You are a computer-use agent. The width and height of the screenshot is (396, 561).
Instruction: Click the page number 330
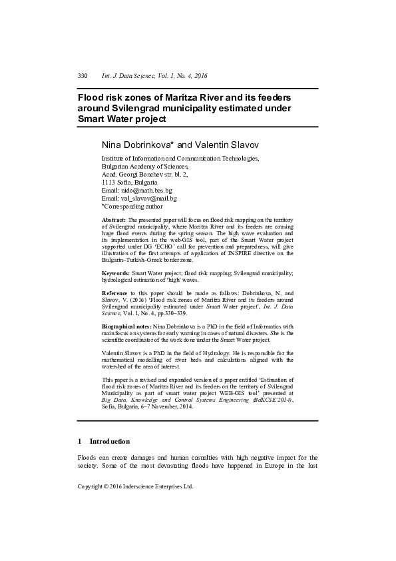[83, 77]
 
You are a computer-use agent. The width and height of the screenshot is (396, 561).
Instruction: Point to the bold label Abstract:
[114, 219]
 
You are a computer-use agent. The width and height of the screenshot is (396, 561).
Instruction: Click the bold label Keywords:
[116, 274]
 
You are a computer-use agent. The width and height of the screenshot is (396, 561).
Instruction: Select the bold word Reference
[115, 293]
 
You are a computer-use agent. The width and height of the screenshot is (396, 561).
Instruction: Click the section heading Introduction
[109, 441]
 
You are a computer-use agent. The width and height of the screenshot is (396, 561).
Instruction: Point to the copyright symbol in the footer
[106, 487]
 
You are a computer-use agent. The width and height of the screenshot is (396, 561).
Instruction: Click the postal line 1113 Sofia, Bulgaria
[130, 182]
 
